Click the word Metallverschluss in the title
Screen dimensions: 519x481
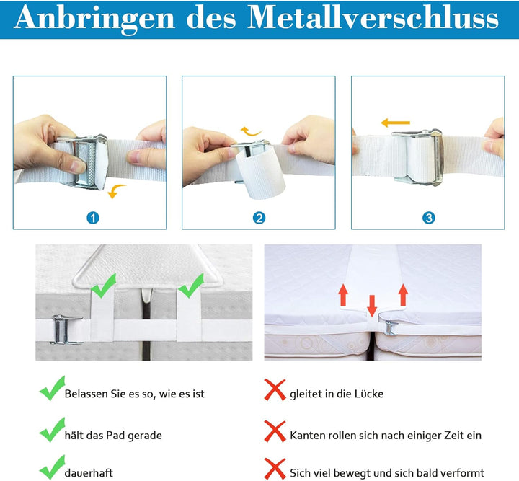point(373,17)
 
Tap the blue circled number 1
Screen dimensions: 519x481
point(93,218)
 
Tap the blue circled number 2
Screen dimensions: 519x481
point(259,218)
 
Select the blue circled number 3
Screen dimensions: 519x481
point(429,218)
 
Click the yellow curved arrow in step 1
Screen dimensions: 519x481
point(116,190)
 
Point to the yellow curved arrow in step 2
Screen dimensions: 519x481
point(250,132)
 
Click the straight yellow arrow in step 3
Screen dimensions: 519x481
point(396,123)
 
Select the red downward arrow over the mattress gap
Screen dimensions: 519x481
point(372,305)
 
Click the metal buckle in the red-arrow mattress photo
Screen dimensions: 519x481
point(391,327)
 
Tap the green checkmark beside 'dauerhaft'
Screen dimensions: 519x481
point(53,467)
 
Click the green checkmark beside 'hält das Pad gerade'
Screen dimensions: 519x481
point(53,430)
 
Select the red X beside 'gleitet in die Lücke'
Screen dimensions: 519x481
point(275,390)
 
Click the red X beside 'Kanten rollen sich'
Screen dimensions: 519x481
point(275,431)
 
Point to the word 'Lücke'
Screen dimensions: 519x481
point(369,394)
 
